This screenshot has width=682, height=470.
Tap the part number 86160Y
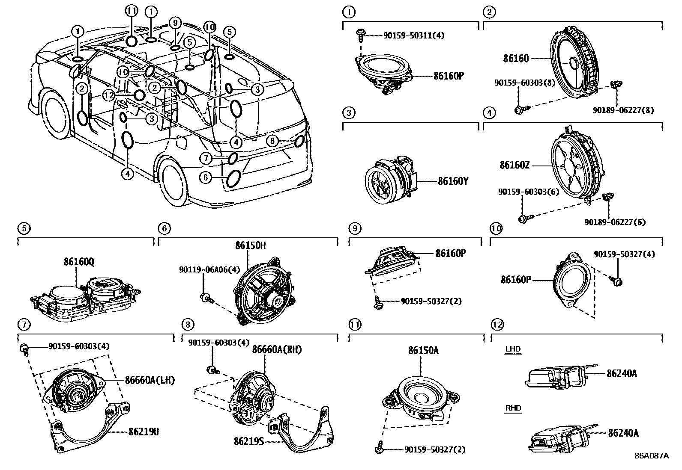pyautogui.click(x=452, y=181)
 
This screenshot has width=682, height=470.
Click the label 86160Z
pyautogui.click(x=514, y=165)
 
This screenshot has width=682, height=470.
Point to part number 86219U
pyautogui.click(x=144, y=432)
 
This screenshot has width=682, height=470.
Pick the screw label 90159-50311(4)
pyautogui.click(x=413, y=35)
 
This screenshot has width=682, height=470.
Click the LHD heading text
pyautogui.click(x=512, y=349)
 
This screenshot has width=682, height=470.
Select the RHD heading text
pyautogui.click(x=513, y=408)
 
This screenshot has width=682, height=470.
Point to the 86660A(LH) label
pyautogui.click(x=150, y=380)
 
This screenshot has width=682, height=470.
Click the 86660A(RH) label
pyautogui.click(x=276, y=349)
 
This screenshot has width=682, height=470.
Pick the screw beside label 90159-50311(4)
pyautogui.click(x=360, y=35)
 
